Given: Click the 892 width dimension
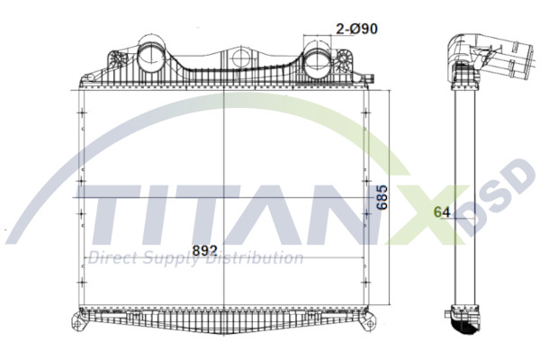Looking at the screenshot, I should [x=205, y=248].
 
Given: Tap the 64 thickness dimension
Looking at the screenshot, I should [x=442, y=212].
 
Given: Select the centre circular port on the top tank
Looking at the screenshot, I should [x=238, y=59].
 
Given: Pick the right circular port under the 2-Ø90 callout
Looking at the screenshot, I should [x=317, y=64].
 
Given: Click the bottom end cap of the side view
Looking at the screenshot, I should [x=465, y=319].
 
